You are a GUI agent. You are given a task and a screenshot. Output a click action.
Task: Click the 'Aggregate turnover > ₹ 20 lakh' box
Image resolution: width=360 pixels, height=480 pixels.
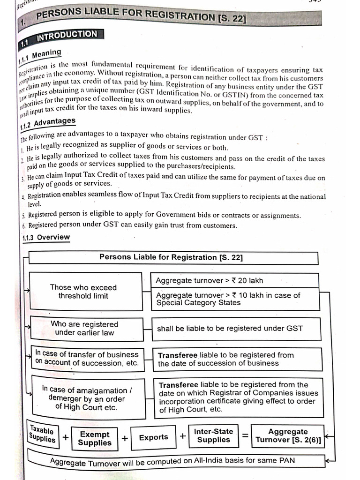234,281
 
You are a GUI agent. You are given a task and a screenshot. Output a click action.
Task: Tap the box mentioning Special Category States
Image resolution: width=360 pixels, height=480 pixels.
234,299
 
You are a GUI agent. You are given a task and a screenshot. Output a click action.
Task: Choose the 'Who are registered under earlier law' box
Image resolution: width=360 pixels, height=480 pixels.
86,329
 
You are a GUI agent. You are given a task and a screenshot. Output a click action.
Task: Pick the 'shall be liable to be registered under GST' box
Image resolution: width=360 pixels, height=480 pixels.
236,329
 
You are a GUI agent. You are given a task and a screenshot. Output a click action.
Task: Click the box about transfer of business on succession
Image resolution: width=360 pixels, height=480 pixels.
87,359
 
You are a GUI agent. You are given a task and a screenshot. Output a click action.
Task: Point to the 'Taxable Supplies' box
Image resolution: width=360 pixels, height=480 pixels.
42,434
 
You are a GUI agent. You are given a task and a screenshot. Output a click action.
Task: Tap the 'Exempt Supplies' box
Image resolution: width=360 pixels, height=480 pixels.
95,438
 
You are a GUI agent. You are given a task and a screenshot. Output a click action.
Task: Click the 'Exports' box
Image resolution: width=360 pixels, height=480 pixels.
153,437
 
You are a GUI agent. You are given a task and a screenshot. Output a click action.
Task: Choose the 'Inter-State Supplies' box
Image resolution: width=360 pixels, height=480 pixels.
213,435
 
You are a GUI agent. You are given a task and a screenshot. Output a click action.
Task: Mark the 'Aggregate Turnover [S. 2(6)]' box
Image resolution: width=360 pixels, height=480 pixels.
288,436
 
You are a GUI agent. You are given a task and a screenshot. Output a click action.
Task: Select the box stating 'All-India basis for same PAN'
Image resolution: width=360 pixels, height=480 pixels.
173,460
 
